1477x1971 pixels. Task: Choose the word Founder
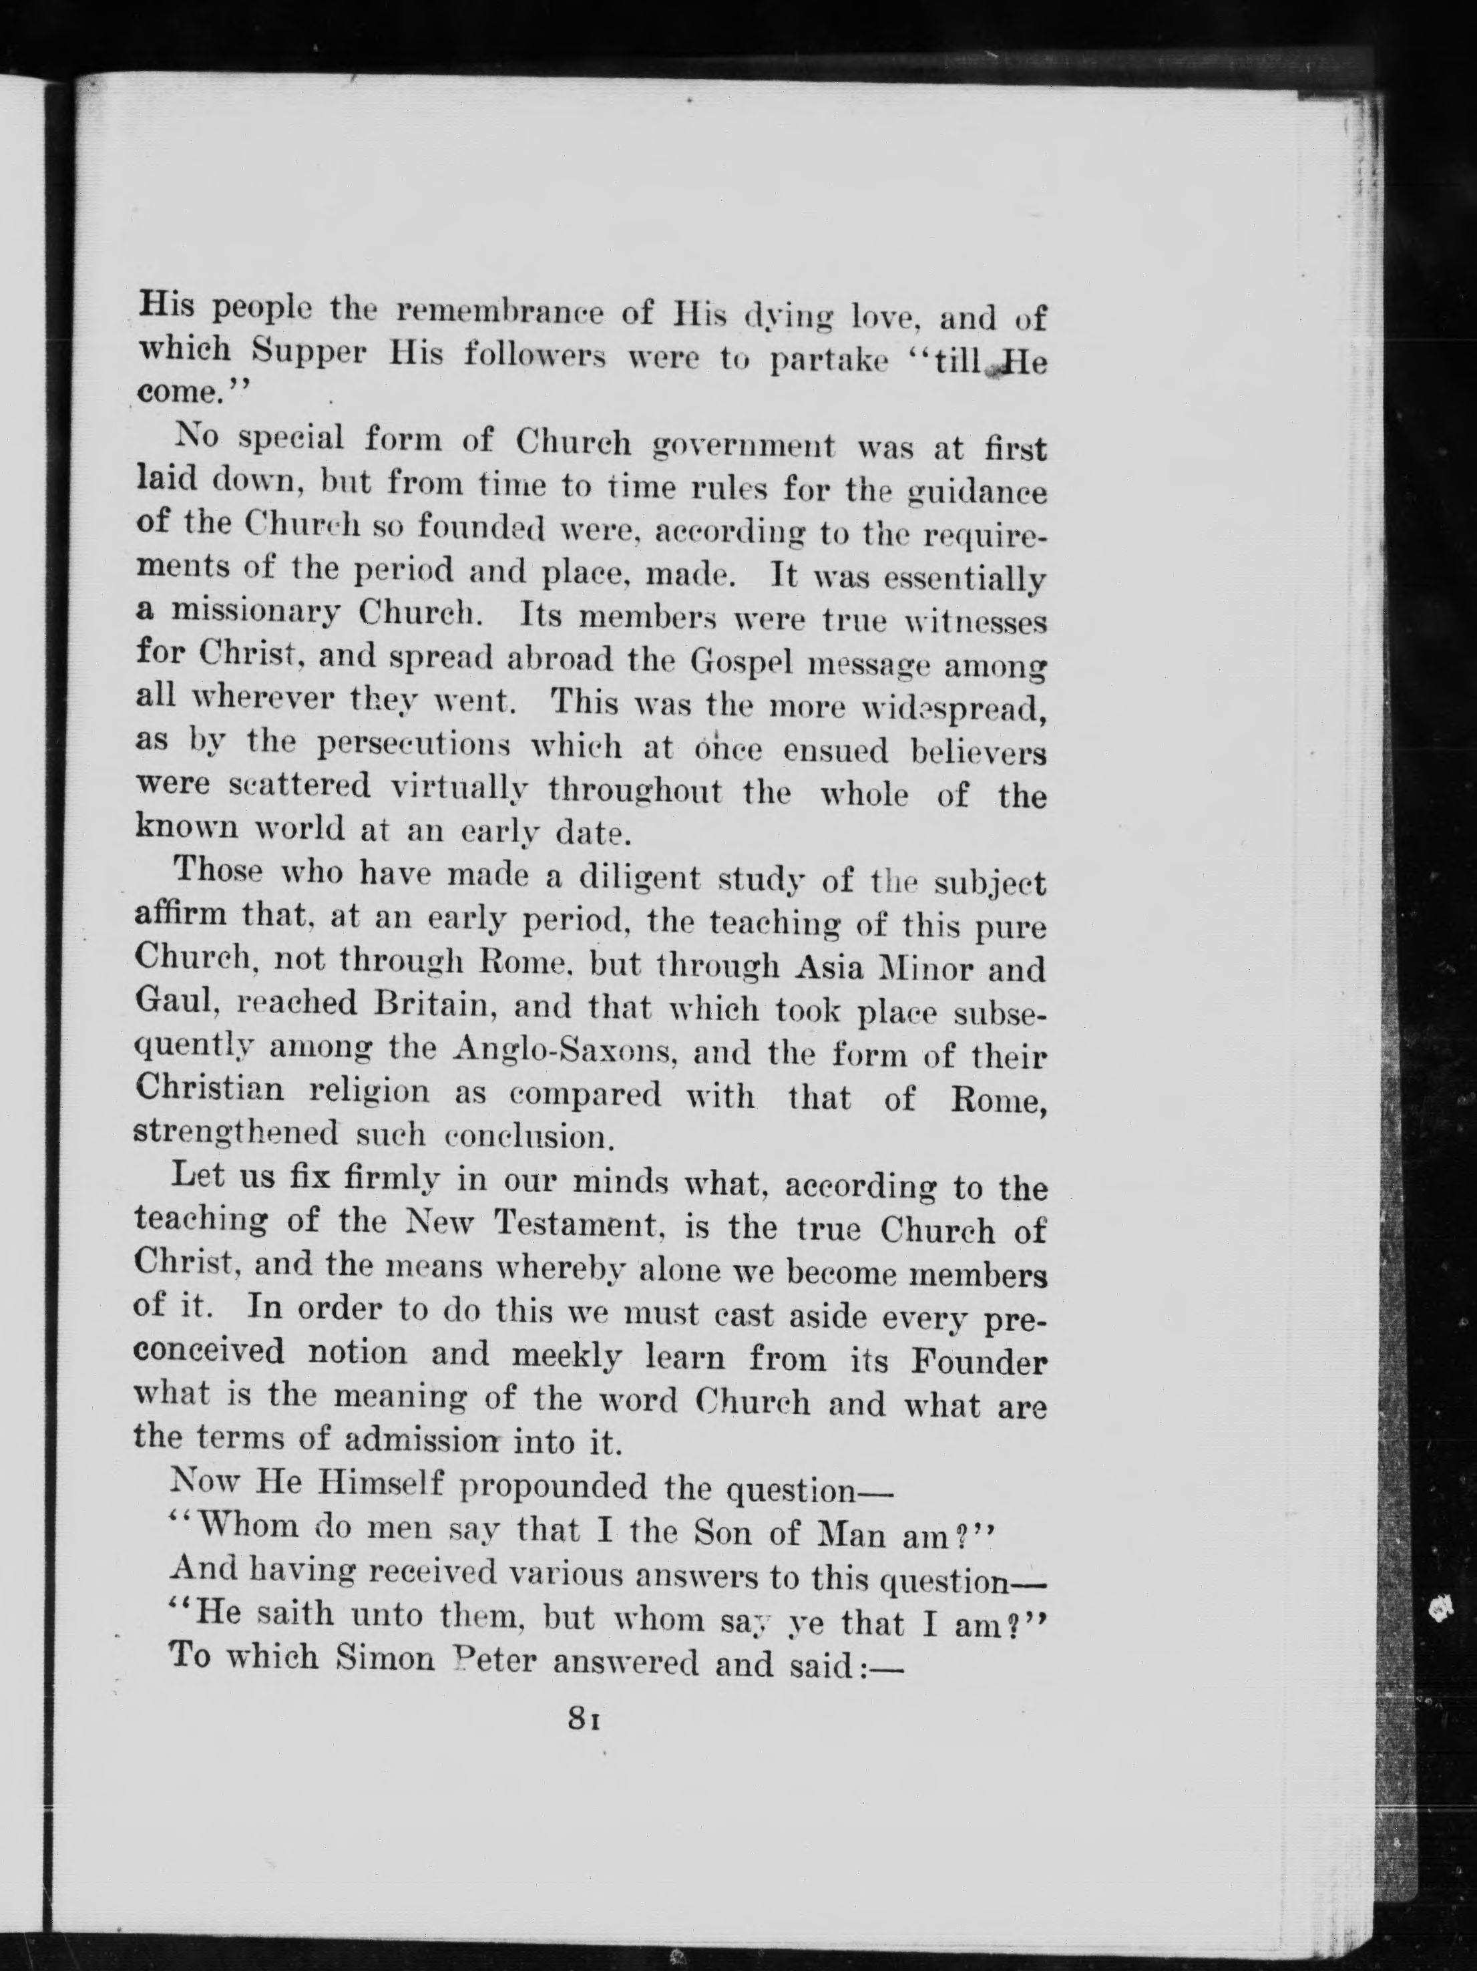click(x=978, y=1361)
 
